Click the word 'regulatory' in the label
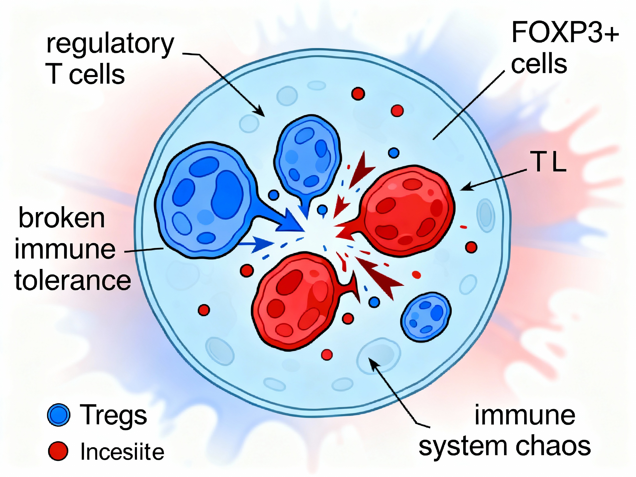pos(110,46)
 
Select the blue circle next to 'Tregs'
pos(59,415)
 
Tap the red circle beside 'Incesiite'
pos(58,451)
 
